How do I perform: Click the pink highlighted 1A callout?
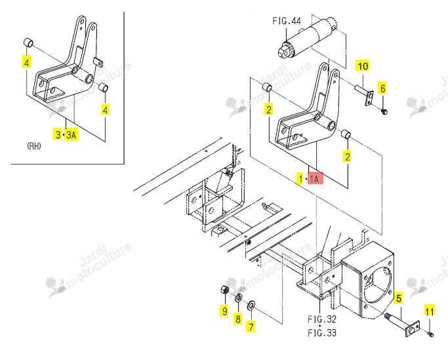(x=315, y=178)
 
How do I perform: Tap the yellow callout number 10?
(x=363, y=66)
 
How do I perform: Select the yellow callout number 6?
(x=382, y=88)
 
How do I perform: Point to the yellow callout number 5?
(x=398, y=298)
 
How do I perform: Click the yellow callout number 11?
(x=430, y=310)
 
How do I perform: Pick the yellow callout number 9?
(x=224, y=311)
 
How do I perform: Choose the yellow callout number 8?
(x=238, y=318)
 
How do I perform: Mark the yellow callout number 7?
(x=251, y=327)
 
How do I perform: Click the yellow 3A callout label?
(x=71, y=134)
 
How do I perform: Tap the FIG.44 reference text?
(x=287, y=21)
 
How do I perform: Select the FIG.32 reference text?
(x=322, y=319)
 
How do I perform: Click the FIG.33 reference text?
(x=322, y=332)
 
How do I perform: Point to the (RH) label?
(x=34, y=146)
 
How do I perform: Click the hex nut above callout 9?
(x=224, y=290)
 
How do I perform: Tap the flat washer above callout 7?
(x=251, y=305)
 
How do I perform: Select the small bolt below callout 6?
(x=384, y=111)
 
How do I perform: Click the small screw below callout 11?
(x=430, y=334)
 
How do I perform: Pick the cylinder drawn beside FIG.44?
(x=308, y=38)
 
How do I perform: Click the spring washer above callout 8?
(x=238, y=298)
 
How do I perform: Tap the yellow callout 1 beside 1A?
(x=300, y=178)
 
